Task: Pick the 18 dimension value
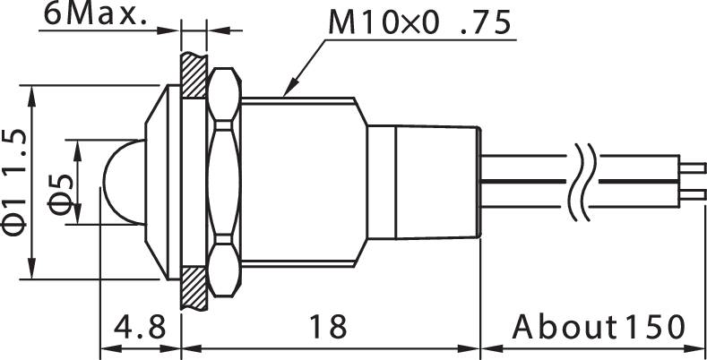click(329, 327)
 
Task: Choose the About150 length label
click(599, 327)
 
